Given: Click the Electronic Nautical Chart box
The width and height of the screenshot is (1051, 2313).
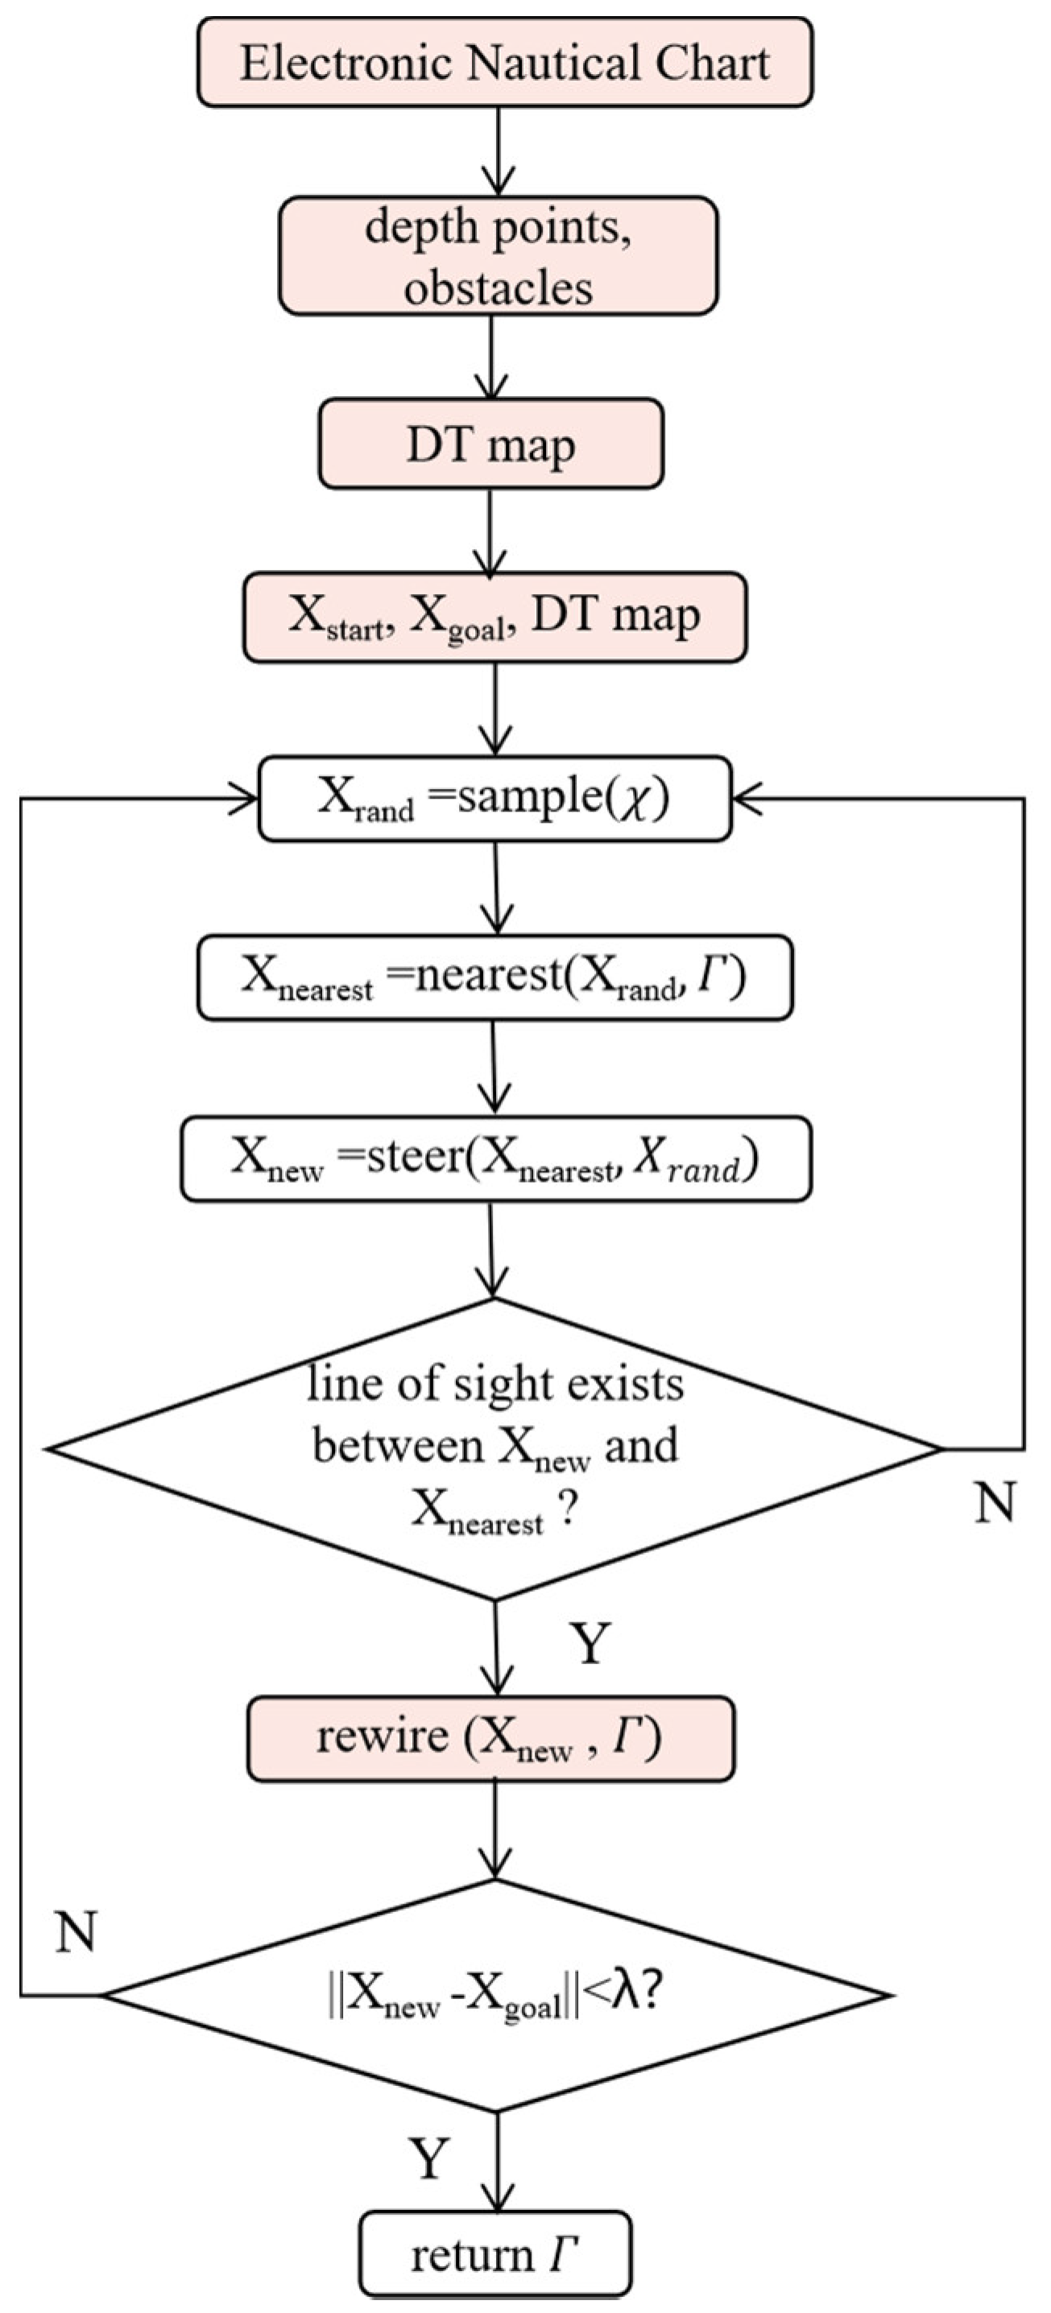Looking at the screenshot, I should pos(505,63).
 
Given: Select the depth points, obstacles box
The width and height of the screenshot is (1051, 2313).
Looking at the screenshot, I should pos(498,257).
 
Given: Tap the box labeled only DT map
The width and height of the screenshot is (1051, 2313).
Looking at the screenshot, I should pos(490,444).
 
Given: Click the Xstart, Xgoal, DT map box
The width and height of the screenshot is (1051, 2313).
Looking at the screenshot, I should pos(494,617).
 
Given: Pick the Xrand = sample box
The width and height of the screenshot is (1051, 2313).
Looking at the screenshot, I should pos(494,798).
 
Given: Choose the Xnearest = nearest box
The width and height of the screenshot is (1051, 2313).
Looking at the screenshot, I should pos(494,977).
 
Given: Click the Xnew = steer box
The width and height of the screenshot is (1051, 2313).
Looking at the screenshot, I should pos(496,1159).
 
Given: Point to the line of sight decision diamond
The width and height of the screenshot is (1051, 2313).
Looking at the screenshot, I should pos(494,1448).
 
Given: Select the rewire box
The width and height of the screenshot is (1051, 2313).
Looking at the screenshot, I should pos(490,1739).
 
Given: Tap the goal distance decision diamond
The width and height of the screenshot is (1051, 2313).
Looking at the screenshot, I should pos(496,1995).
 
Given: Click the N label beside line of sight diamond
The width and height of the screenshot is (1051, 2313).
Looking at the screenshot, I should pos(995,1501).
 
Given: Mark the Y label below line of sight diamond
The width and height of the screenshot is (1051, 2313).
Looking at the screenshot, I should pos(590,1644).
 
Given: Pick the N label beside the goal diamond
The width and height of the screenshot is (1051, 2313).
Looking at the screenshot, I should pos(76,1931).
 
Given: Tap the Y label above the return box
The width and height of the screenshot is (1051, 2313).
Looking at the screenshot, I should pos(429,2158).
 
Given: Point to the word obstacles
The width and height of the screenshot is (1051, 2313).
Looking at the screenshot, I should pos(498,288).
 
